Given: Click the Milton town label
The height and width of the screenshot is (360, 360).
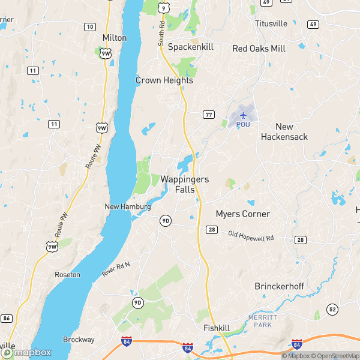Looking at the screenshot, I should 115,38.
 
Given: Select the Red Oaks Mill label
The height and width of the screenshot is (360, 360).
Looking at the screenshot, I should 260,49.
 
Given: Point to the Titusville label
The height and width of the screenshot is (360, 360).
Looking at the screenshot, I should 271,23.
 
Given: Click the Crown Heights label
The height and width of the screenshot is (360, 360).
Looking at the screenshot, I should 164,80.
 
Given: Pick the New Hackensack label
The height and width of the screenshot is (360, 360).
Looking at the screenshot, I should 284,132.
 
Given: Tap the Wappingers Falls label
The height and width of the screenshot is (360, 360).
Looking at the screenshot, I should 185,184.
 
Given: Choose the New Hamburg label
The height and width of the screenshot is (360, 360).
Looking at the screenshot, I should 127,207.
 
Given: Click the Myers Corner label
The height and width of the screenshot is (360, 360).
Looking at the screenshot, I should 243,214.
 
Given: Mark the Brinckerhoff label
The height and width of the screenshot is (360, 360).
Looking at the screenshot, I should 280,286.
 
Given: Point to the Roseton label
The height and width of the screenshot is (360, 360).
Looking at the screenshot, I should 67,275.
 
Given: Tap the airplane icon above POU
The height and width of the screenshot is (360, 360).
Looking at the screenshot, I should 243,115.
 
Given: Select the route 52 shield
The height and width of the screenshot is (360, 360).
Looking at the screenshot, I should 332,309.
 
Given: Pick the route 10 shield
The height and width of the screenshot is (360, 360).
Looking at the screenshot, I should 89,26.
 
